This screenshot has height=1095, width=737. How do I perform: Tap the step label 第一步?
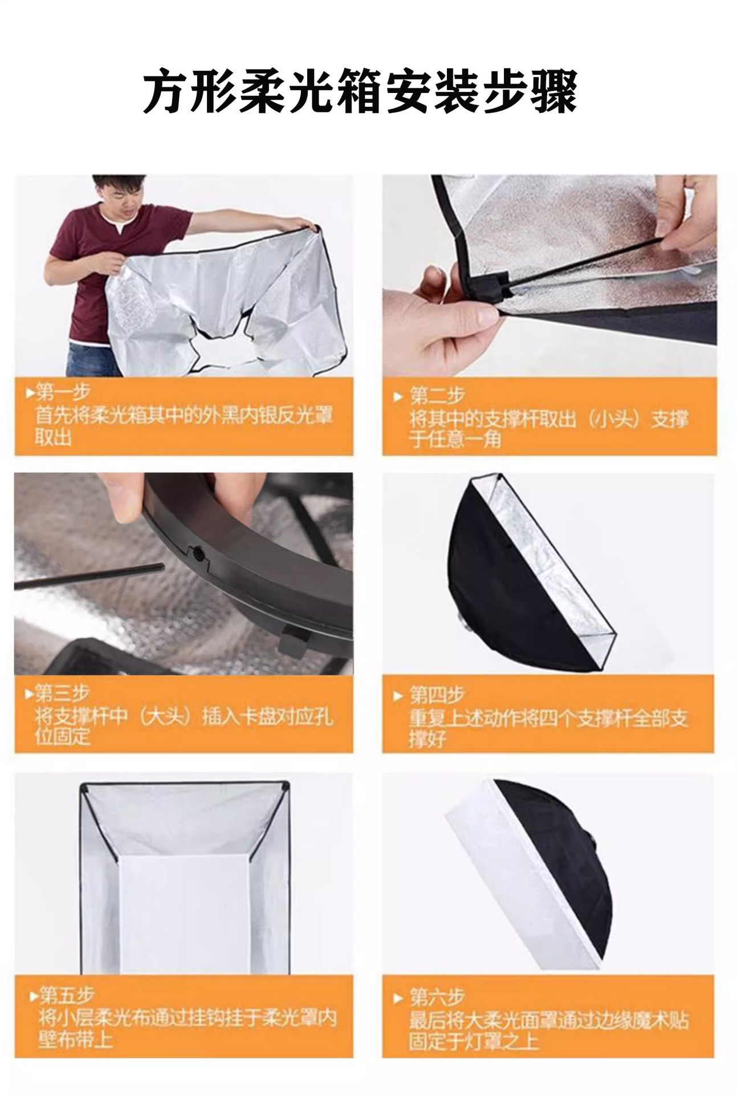(x=63, y=392)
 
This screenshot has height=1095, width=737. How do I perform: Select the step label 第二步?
(x=437, y=396)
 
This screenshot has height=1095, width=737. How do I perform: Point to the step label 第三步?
(x=62, y=693)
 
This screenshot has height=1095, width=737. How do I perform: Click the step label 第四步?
(x=437, y=695)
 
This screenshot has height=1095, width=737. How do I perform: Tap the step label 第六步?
(x=437, y=996)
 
